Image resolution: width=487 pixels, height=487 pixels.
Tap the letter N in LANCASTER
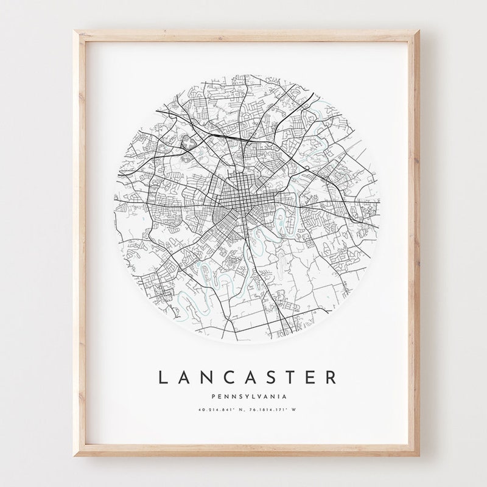pyautogui.click(x=206, y=377)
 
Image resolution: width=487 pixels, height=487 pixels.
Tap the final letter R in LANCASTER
pyautogui.click(x=331, y=377)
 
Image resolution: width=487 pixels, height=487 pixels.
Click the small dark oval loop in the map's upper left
pyautogui.click(x=187, y=142)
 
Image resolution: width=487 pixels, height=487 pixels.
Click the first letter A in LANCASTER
pyautogui.click(x=184, y=377)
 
